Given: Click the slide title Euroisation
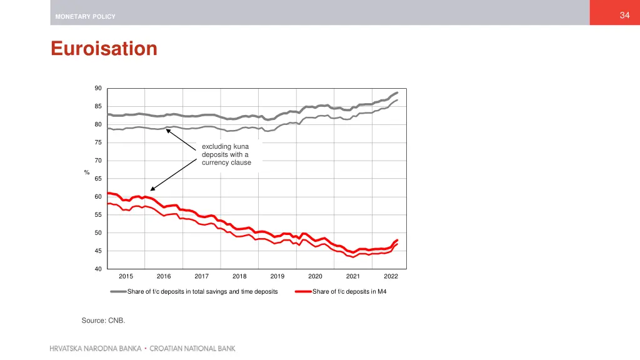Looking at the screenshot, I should [104, 49].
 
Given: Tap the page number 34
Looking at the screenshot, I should [624, 16].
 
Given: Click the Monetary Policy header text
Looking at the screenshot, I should [85, 17].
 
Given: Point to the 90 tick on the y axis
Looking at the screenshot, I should [98, 88].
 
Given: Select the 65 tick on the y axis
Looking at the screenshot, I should [98, 179].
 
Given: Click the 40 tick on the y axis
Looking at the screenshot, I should [98, 269].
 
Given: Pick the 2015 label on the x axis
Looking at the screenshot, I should [126, 276].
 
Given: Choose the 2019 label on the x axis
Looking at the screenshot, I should [277, 276].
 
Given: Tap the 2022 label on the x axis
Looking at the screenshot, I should [391, 276].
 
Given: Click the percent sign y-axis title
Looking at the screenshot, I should [87, 173].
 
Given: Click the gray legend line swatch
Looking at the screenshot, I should [118, 291].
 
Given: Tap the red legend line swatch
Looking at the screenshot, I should [303, 291].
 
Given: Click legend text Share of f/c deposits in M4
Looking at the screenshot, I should [349, 291].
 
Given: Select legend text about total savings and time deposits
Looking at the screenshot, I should [202, 291].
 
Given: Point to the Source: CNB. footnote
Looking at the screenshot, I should [103, 321].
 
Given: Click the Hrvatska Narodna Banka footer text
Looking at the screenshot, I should [95, 349].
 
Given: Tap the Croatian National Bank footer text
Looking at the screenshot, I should [192, 349].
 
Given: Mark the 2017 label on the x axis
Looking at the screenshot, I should [201, 276].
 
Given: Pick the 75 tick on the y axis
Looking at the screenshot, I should [98, 142].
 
